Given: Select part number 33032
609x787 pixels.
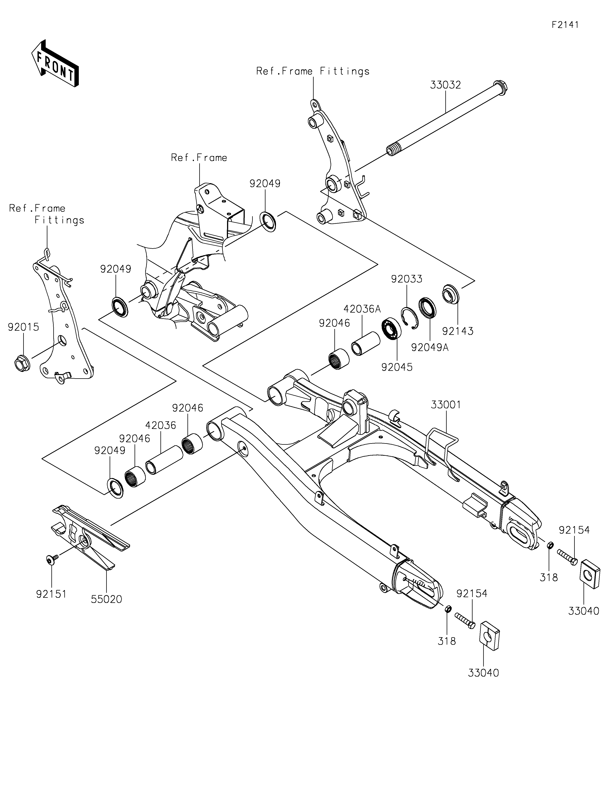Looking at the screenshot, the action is coord(446,85).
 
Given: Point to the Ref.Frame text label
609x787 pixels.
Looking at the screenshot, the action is coord(199,158).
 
